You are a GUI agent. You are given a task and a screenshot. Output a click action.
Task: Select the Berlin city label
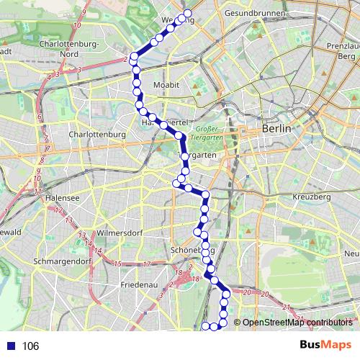pyautogui.click(x=277, y=128)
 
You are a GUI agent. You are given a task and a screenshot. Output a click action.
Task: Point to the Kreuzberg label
pyautogui.click(x=312, y=197)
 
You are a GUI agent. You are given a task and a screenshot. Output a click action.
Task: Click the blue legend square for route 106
pyautogui.click(x=9, y=346)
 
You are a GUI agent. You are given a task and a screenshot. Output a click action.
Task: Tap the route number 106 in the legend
pyautogui.click(x=30, y=346)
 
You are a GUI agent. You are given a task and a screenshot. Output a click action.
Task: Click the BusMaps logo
pyautogui.click(x=325, y=346)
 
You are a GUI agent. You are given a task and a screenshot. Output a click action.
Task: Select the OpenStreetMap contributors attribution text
pyautogui.click(x=297, y=323)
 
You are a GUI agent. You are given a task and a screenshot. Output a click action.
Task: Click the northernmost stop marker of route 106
pyautogui.click(x=188, y=14)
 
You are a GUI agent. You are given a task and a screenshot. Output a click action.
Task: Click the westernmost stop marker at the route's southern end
pyautogui.click(x=204, y=327)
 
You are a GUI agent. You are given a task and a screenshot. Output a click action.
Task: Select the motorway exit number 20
pyautogui.click(x=246, y=292)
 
